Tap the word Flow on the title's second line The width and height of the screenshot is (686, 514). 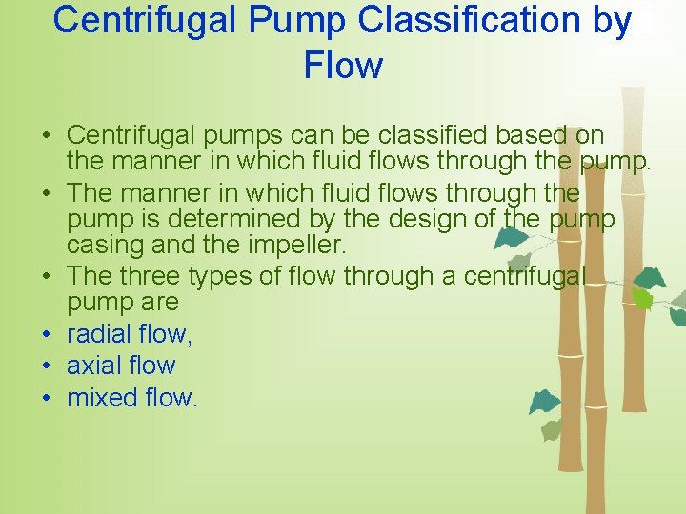[x=343, y=66]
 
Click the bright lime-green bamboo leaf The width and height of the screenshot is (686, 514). [x=643, y=299]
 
